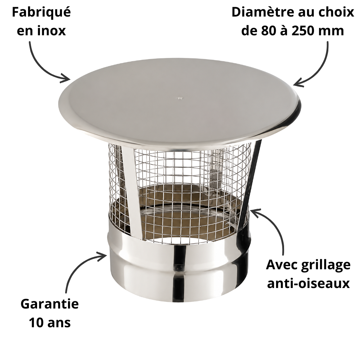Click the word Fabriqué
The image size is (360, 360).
point(41,12)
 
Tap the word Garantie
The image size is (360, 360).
point(50,304)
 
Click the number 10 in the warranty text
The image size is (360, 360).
point(36,323)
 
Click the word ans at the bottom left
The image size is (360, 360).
point(59,323)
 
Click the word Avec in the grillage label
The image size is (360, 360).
point(281,265)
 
